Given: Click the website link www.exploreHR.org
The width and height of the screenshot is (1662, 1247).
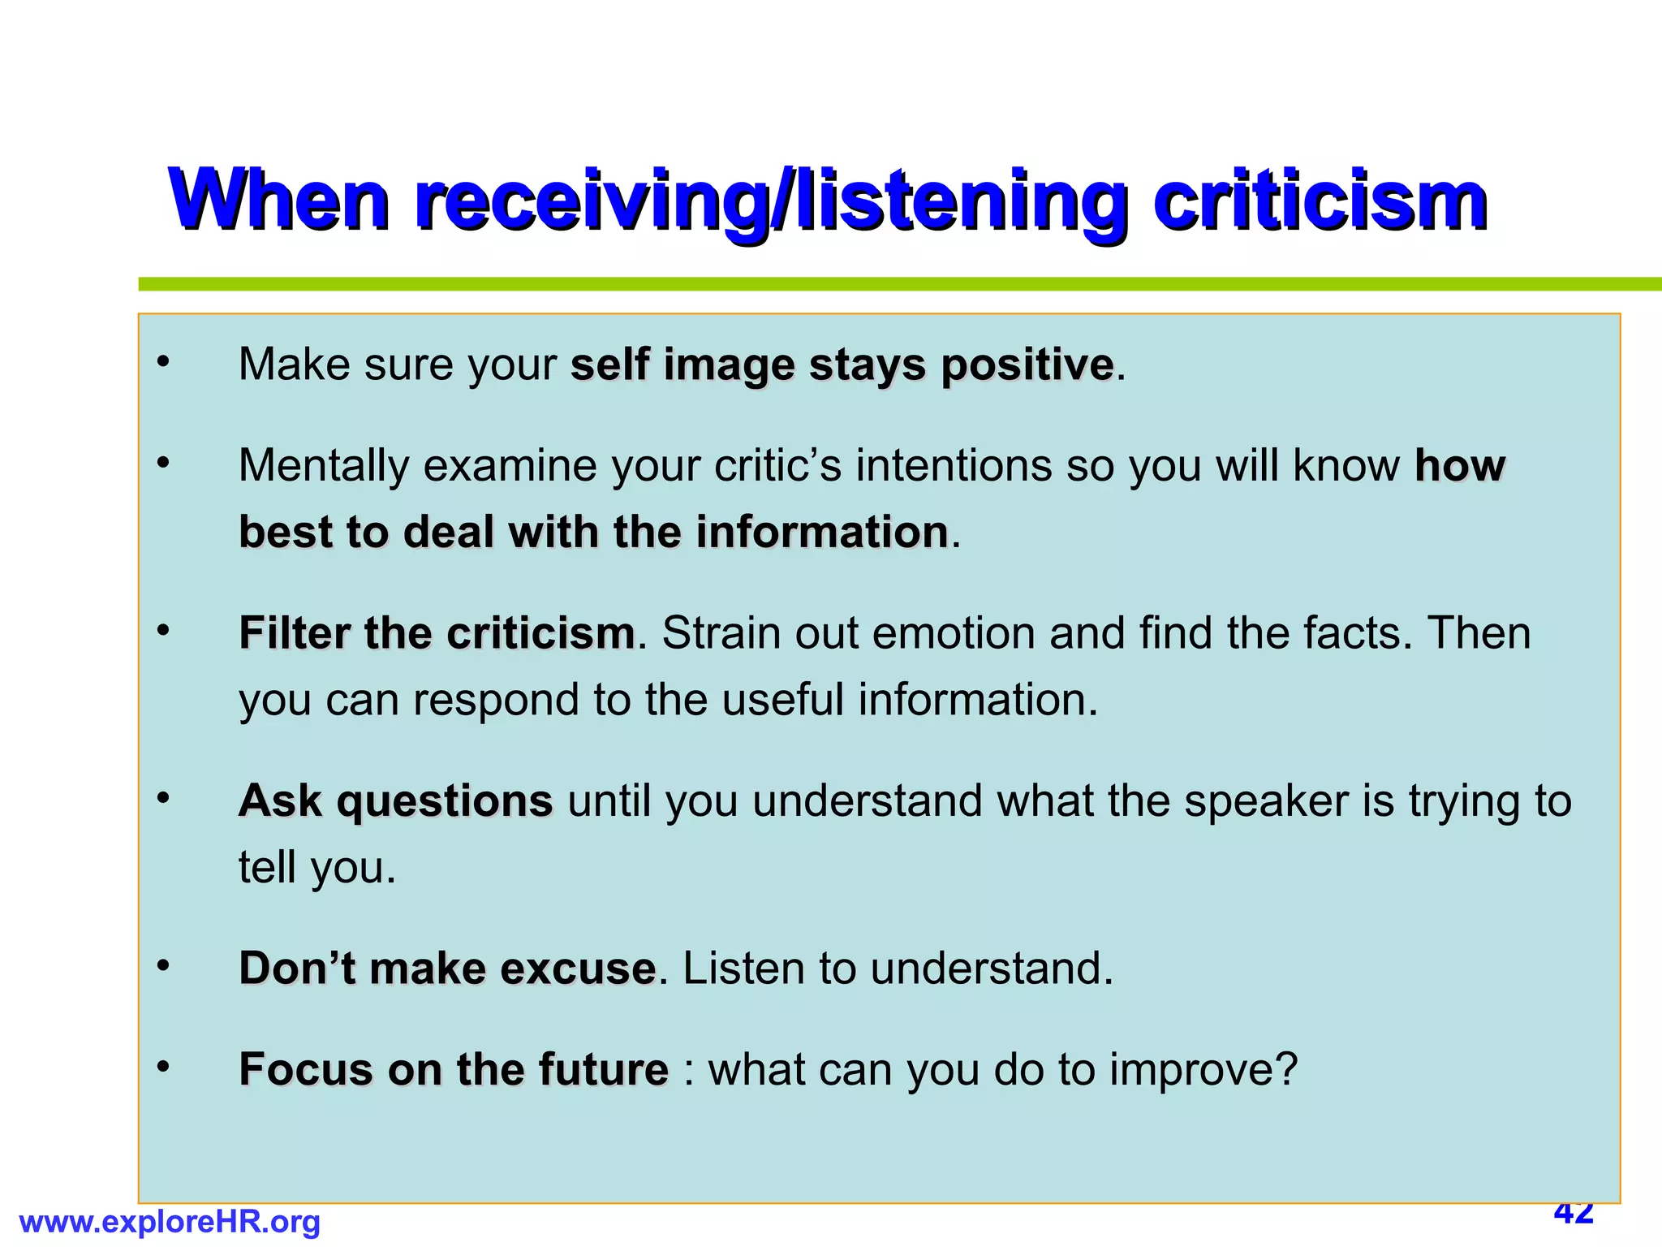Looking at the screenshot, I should (170, 1222).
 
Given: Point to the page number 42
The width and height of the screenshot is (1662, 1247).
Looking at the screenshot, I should (1574, 1214).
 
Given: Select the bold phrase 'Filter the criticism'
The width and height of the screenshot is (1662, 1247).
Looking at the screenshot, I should (437, 633).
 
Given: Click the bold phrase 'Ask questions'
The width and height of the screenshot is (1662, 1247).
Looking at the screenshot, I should (395, 801).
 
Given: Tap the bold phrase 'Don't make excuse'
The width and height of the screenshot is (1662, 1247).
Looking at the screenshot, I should (447, 969).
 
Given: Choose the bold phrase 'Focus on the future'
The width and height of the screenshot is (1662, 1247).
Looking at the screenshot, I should (454, 1069).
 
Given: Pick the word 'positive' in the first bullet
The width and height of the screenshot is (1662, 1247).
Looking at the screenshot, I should (1027, 365).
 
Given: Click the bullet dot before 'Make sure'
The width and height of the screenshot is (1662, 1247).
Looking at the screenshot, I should (164, 362).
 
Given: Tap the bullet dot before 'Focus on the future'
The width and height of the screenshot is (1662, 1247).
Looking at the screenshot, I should (164, 1067).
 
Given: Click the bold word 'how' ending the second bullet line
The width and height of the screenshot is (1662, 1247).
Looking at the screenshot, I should (1460, 466).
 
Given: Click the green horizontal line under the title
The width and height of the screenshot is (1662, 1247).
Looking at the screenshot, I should (893, 284).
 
